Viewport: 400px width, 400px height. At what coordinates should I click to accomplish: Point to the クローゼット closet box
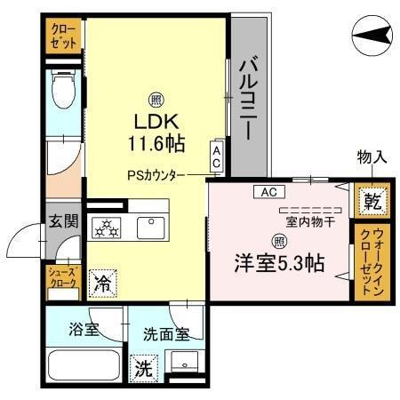65,37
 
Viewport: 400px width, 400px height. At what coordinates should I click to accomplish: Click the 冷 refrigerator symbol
103,284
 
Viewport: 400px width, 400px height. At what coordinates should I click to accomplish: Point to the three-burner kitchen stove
110,228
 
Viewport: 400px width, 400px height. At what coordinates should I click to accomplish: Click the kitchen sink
150,228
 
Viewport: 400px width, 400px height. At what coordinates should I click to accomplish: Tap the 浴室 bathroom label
84,329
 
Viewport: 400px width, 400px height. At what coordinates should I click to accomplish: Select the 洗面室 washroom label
165,334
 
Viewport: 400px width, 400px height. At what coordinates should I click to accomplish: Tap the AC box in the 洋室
268,191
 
